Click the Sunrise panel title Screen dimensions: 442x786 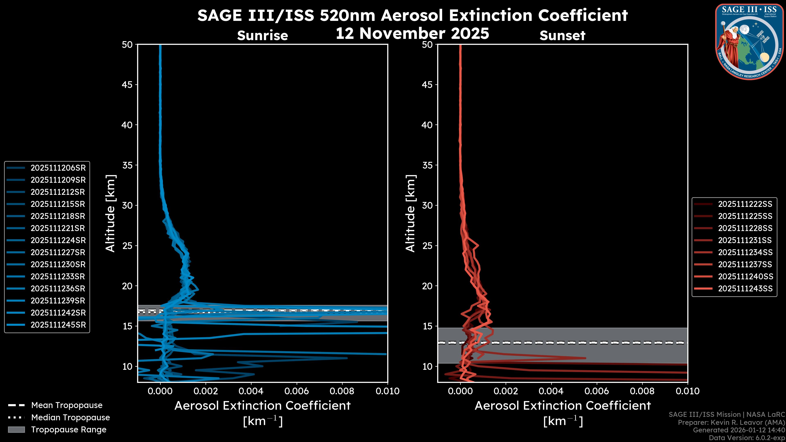[262, 36]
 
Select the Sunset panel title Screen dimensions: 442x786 [562, 36]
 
